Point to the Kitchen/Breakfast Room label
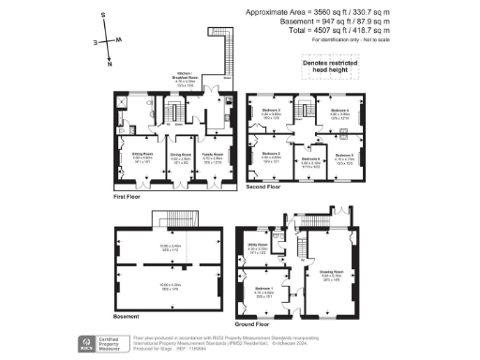click(184, 79)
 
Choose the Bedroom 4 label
click(340, 111)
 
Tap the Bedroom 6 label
click(311, 158)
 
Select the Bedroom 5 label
click(344, 155)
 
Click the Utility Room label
click(259, 248)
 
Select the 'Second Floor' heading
click(262, 187)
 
